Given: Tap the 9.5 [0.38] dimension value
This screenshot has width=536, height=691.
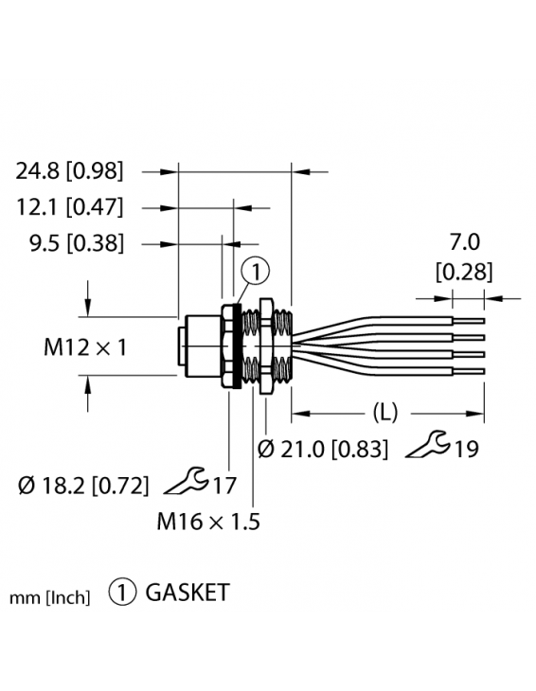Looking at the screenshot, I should (77, 243).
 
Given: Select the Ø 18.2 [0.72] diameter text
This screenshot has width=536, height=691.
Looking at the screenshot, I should (83, 487).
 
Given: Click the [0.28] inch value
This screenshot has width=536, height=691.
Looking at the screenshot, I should (463, 274).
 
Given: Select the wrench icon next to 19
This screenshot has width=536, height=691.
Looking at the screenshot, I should (426, 445).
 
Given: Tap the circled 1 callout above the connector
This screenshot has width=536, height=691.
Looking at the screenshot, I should (256, 273).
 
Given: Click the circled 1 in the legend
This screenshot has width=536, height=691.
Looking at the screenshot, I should (122, 594).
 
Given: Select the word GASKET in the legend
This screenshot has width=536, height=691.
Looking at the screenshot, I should (188, 594).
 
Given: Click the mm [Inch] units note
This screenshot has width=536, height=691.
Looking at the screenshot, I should (50, 597).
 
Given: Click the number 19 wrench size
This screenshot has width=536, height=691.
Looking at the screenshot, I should (465, 449).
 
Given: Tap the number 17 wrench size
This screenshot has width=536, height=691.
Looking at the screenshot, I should (223, 487).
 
